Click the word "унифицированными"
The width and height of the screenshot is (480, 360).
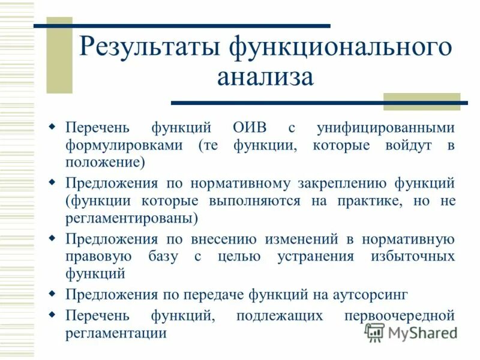(385, 128)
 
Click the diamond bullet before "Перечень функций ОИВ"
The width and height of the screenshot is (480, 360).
(52, 127)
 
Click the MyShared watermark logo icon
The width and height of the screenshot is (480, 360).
(374, 332)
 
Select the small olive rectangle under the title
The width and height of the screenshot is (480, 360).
(421, 102)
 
